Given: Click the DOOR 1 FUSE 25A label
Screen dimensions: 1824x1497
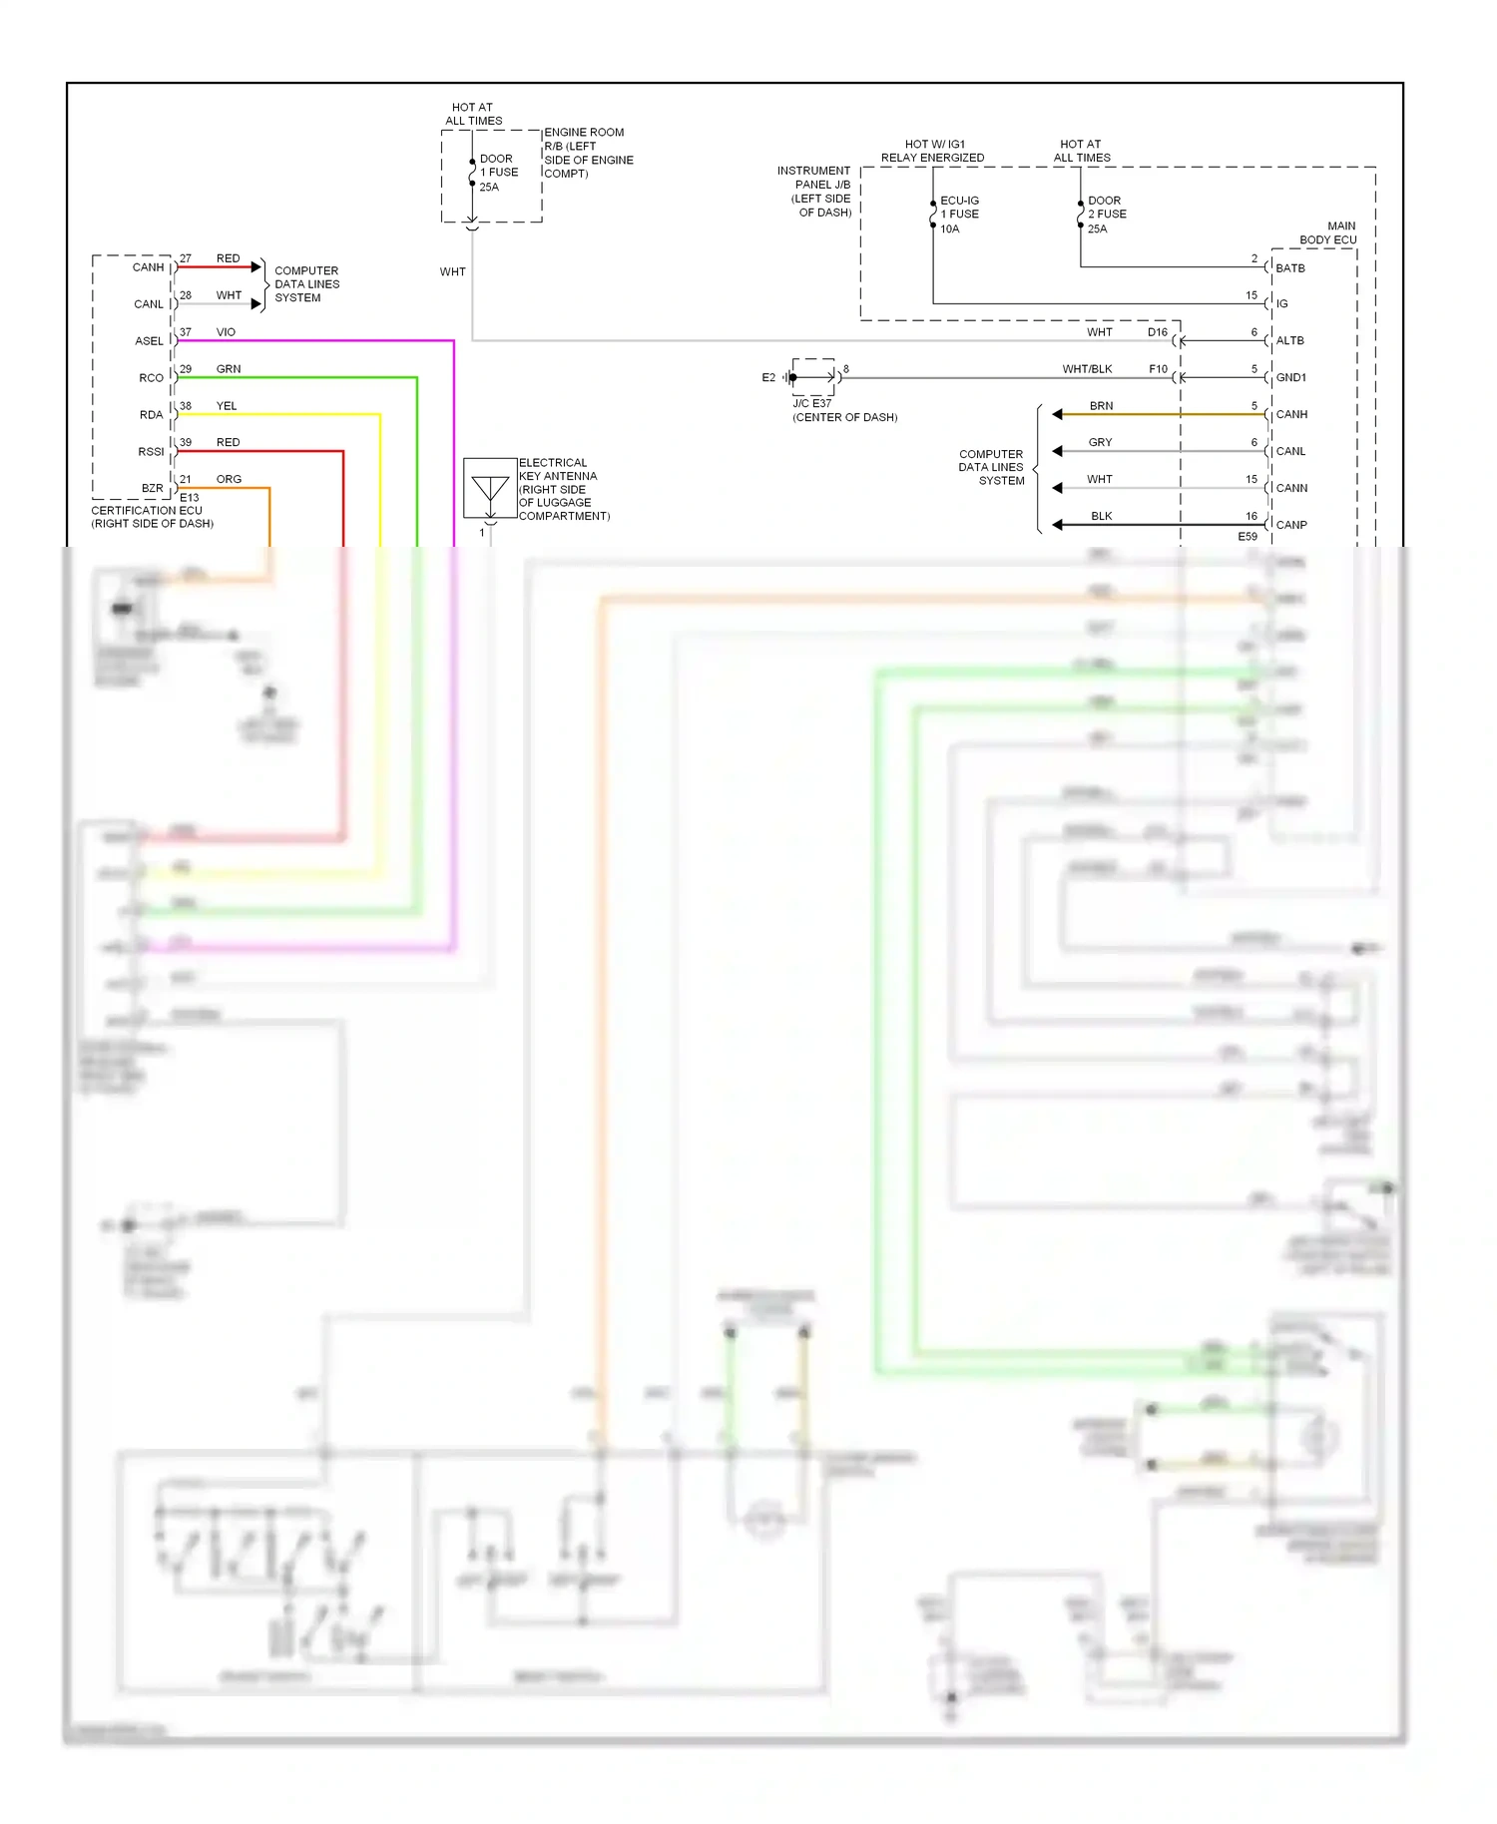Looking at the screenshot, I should click(x=498, y=173).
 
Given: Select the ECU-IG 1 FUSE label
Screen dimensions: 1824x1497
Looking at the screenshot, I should click(x=958, y=215).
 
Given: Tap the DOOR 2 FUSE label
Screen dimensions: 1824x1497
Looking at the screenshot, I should click(x=1106, y=215).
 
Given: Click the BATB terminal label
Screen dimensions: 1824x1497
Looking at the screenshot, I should click(x=1289, y=268).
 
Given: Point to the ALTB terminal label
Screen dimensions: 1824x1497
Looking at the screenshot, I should click(x=1289, y=341).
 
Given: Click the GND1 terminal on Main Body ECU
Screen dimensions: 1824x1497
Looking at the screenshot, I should click(x=1290, y=378).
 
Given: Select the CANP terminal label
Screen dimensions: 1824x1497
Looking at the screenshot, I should click(x=1290, y=525).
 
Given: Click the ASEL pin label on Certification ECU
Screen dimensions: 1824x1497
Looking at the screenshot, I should click(x=149, y=341).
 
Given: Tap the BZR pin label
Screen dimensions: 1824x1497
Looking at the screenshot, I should click(x=152, y=489).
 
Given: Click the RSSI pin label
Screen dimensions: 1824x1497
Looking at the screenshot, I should click(x=151, y=452).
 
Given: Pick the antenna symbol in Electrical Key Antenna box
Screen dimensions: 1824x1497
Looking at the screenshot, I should click(x=490, y=489).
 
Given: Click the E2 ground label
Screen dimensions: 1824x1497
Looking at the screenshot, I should click(x=768, y=378).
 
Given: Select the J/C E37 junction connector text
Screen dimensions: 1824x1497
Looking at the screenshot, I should click(x=811, y=404).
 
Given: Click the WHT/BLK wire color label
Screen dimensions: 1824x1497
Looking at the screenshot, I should click(x=1087, y=369).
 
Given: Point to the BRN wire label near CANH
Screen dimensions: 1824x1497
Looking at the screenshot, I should click(x=1101, y=406).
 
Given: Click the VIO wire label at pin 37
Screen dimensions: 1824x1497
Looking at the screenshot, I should click(x=226, y=332).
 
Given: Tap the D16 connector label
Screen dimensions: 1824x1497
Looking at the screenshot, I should click(x=1157, y=332).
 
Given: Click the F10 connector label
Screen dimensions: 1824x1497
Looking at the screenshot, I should click(x=1158, y=369).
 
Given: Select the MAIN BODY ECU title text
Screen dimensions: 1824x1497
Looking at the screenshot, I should click(x=1327, y=233).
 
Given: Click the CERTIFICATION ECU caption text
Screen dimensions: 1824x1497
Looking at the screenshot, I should click(x=147, y=511).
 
